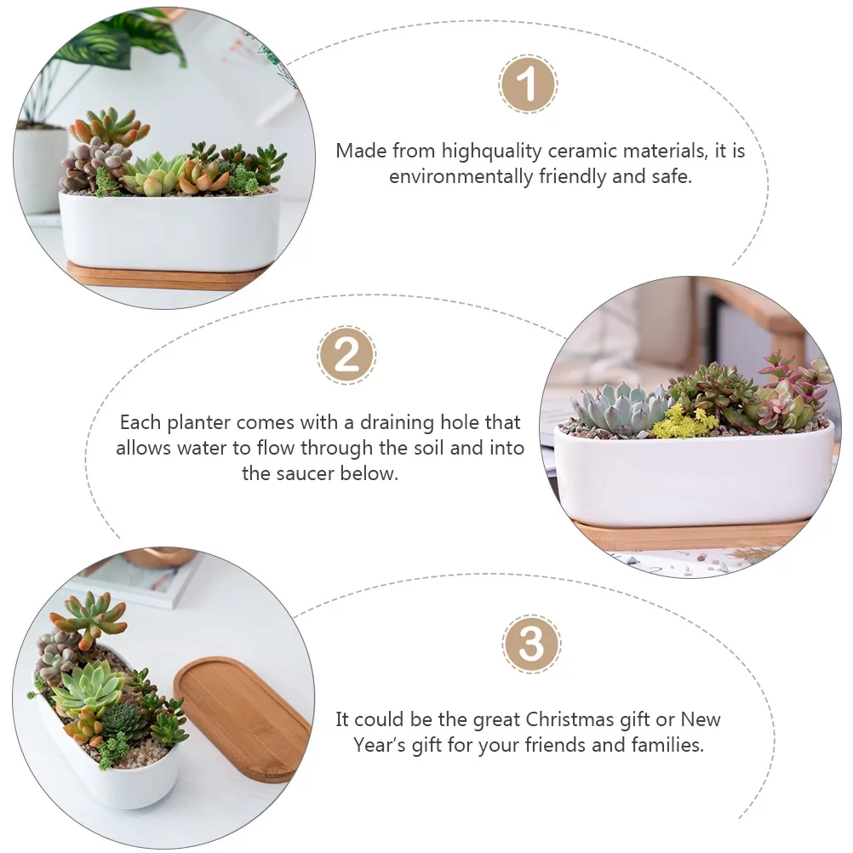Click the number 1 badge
click(527, 84)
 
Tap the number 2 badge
click(346, 354)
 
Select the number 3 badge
click(531, 644)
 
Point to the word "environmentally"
click(461, 177)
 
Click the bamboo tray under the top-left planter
click(162, 276)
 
